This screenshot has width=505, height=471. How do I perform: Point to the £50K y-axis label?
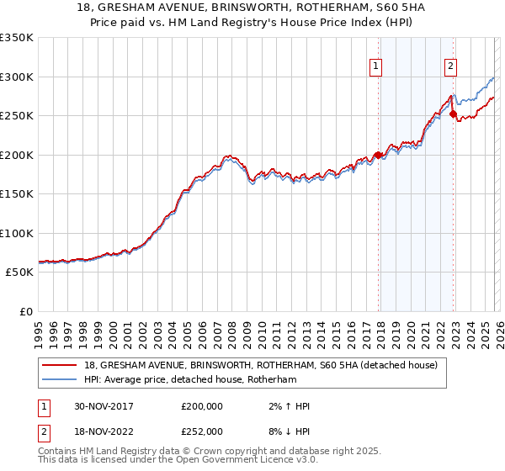(19, 273)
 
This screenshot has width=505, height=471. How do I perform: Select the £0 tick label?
(25, 312)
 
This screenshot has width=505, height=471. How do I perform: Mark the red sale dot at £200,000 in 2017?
(379, 155)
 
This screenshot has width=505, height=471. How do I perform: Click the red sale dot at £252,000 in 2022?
(453, 114)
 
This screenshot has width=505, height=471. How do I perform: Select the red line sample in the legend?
(60, 366)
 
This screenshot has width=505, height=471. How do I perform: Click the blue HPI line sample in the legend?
(60, 380)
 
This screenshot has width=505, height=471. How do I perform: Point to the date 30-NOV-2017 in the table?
(99, 406)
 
